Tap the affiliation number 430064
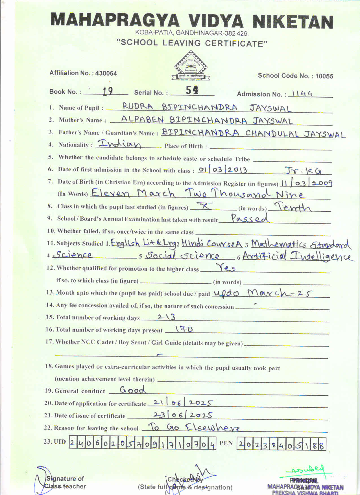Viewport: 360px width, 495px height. click(106, 73)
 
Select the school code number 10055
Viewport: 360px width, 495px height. click(324, 76)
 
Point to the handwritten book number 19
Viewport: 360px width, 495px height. click(108, 91)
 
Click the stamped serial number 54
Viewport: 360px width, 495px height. click(192, 90)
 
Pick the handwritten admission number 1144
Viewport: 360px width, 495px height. click(302, 94)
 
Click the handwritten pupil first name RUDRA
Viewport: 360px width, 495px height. click(138, 106)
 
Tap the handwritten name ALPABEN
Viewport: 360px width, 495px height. click(142, 119)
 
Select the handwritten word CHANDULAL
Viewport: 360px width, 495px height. click(272, 133)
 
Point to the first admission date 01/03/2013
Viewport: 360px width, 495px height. click(223, 170)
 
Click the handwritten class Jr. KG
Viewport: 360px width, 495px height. click(303, 170)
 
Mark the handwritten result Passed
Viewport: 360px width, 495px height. click(249, 218)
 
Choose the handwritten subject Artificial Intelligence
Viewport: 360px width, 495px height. click(296, 256)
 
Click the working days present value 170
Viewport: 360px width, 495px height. click(184, 329)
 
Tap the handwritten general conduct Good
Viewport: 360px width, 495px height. click(133, 390)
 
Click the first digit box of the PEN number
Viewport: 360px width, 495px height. click(241, 444)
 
